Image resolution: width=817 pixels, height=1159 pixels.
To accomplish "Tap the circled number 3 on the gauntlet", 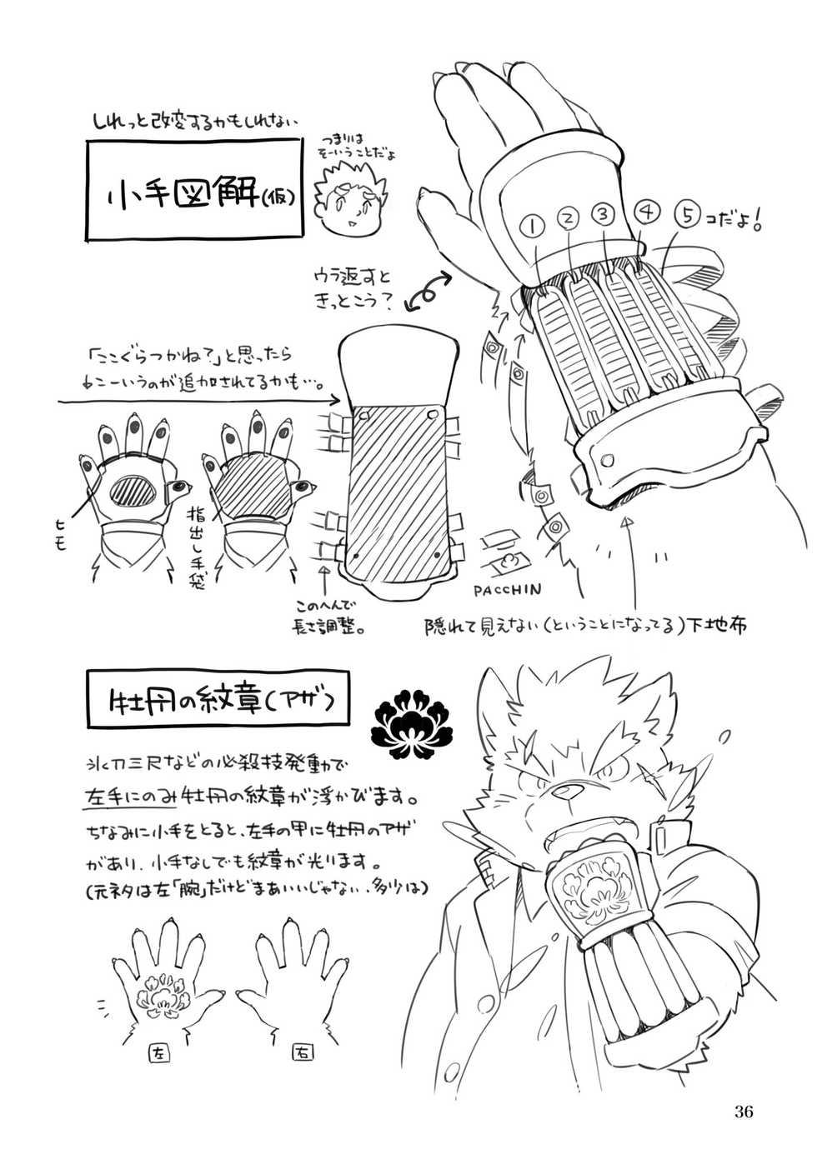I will (601, 213).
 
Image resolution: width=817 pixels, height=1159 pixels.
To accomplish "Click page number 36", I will (744, 1110).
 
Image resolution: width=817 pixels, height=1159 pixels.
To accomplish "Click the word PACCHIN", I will (511, 589).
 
